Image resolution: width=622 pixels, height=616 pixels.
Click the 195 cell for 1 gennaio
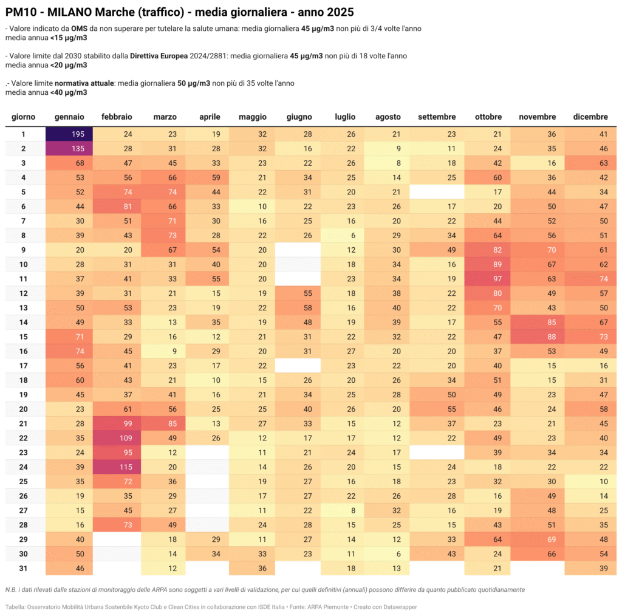tap(69, 134)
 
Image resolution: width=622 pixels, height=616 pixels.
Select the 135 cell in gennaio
tap(69, 148)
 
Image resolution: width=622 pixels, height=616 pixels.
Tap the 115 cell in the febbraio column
tap(117, 467)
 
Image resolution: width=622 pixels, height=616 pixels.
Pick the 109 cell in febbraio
tap(117, 438)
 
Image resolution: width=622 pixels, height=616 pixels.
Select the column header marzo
tap(165, 117)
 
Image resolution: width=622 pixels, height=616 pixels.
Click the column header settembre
tap(437, 117)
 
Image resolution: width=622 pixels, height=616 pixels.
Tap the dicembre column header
tap(590, 117)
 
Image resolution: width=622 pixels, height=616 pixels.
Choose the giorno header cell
tap(23, 117)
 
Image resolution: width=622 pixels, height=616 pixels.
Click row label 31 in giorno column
tap(23, 568)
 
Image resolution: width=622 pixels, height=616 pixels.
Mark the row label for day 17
tap(23, 366)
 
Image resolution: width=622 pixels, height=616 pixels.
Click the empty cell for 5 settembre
tap(437, 191)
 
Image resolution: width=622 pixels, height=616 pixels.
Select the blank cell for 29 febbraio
tap(117, 539)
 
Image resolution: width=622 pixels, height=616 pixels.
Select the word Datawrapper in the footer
tap(398, 607)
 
